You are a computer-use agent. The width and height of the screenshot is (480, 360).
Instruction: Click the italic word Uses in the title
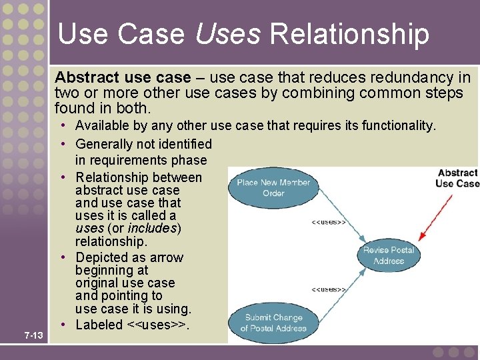[229, 34]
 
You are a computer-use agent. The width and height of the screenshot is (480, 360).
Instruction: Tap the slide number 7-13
[33, 335]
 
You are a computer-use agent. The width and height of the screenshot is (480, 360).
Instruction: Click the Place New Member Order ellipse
[273, 187]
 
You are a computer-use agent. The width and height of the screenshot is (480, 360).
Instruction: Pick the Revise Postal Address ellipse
[389, 255]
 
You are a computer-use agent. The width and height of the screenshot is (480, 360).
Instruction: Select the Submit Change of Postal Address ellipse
[273, 323]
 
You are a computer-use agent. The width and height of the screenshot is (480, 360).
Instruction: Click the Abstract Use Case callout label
[457, 178]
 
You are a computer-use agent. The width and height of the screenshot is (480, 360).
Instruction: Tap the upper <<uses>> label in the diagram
[329, 221]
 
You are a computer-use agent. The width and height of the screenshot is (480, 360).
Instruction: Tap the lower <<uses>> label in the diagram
[329, 289]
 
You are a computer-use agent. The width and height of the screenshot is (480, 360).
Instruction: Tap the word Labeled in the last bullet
[99, 325]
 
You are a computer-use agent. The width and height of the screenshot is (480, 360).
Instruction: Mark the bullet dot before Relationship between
[67, 177]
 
